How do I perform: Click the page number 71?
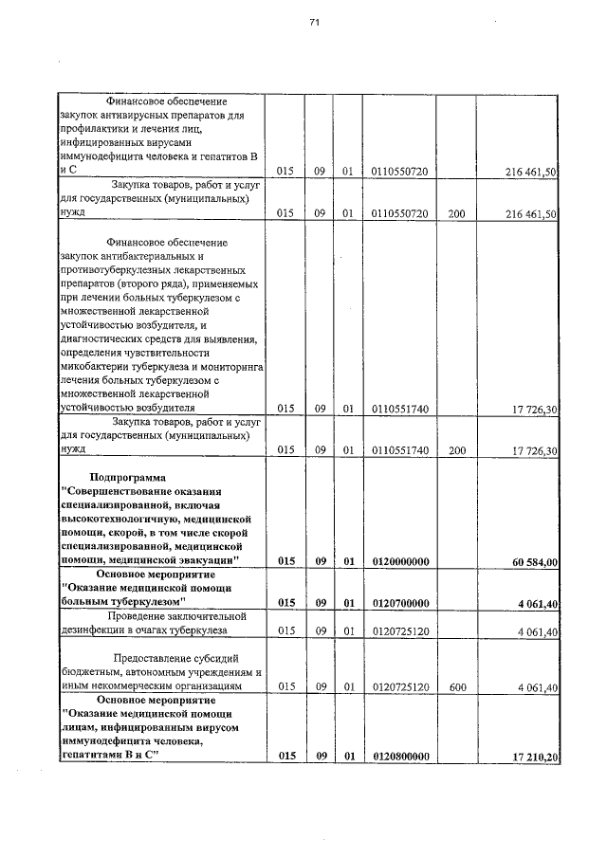pos(314,25)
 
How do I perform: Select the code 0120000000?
pos(401,562)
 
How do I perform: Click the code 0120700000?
pos(401,603)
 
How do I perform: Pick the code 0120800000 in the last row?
pos(401,756)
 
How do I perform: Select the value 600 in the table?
pos(456,687)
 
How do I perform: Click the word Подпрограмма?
pos(127,477)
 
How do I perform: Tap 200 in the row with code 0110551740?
pos(456,451)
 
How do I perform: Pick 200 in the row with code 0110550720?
pos(456,214)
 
